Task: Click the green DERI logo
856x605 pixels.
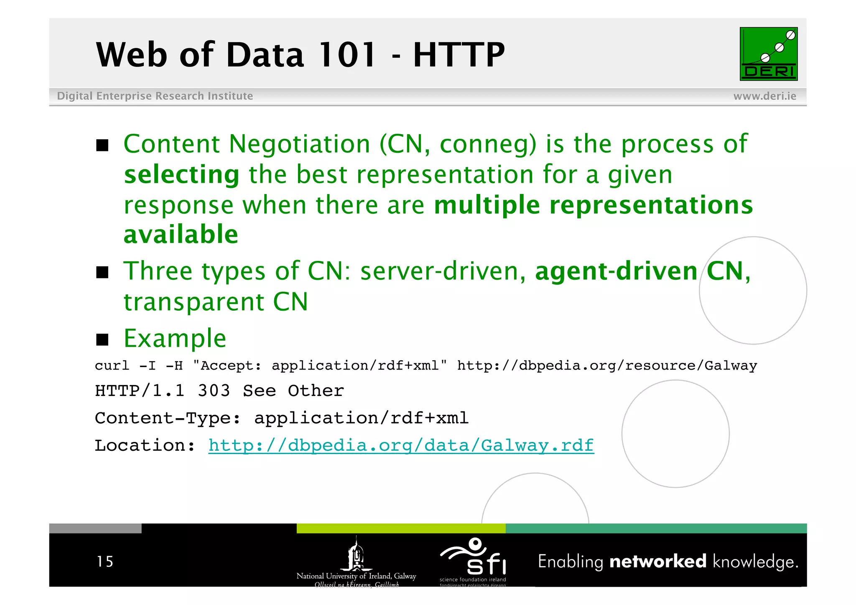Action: coord(768,54)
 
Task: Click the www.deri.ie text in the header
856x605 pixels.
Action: coord(764,96)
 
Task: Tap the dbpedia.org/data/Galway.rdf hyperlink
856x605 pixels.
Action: coord(401,445)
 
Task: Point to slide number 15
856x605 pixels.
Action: coord(104,562)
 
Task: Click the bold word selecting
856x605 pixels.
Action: coord(182,174)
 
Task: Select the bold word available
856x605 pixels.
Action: coord(181,234)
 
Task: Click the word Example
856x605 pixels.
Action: coord(175,338)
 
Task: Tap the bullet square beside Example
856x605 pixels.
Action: coord(102,340)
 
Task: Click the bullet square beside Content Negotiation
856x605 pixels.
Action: coord(102,146)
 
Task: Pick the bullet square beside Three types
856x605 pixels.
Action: coord(102,273)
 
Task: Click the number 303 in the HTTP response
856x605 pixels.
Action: coord(214,391)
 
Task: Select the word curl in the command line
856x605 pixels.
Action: coord(112,366)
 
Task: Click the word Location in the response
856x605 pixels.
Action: coord(140,445)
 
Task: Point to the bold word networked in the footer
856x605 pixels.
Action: coord(657,561)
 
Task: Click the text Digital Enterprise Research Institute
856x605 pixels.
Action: coord(155,96)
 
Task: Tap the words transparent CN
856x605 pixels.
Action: coord(216,302)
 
